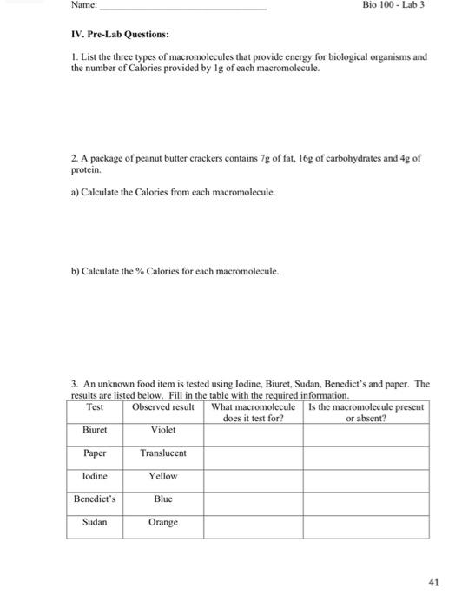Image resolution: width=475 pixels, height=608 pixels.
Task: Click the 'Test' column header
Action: [x=95, y=407]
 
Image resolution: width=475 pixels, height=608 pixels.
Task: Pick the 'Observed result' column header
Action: [x=162, y=407]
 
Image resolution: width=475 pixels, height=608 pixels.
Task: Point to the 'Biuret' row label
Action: [x=95, y=429]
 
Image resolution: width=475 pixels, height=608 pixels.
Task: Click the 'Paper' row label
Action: [x=95, y=453]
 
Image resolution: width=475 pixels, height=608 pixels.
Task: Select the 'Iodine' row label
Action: [x=95, y=476]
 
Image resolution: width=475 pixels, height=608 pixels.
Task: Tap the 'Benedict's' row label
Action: [x=95, y=499]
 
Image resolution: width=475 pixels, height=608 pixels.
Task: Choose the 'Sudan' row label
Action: [x=95, y=522]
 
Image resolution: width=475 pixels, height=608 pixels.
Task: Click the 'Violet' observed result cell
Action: [x=163, y=429]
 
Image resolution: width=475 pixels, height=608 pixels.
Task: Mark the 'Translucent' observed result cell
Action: [x=163, y=453]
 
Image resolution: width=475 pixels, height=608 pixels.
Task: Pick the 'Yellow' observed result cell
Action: [x=163, y=476]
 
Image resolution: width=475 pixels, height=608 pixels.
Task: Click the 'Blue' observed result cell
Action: [x=163, y=499]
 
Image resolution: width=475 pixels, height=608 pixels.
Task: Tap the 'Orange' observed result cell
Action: [x=163, y=522]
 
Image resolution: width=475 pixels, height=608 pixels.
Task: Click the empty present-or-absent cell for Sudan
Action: [x=366, y=524]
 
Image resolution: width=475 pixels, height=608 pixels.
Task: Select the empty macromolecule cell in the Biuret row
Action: [x=254, y=433]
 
